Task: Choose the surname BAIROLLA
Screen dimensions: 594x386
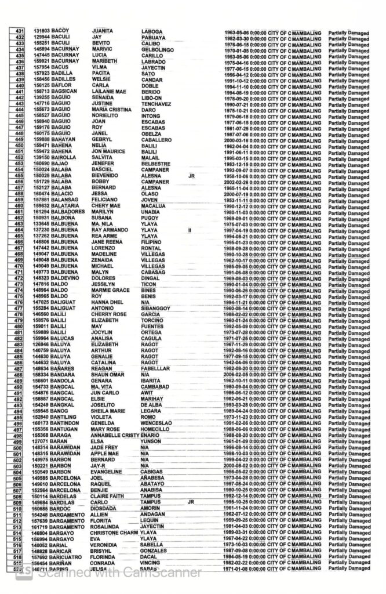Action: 64,157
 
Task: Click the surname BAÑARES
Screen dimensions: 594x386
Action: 63,368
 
